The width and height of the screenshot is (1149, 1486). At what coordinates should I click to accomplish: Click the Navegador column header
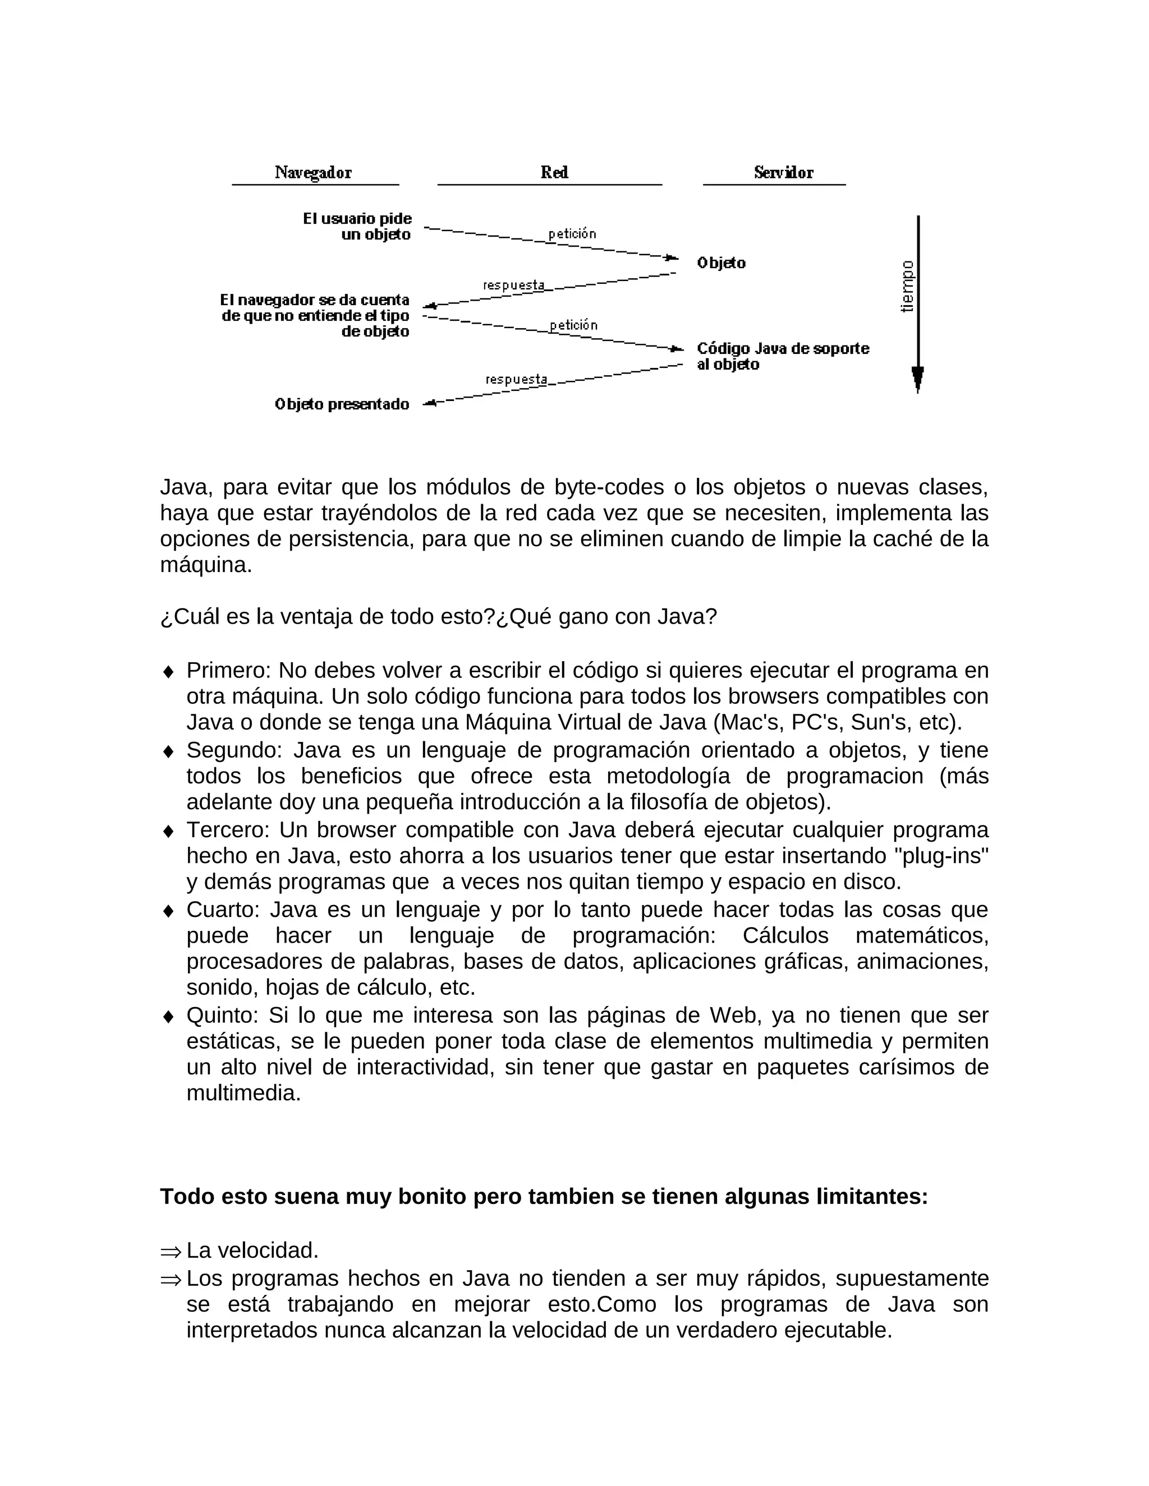pyautogui.click(x=313, y=173)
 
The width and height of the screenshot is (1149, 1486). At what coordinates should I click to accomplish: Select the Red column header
pyautogui.click(x=554, y=173)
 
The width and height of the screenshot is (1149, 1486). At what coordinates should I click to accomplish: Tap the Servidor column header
pyautogui.click(x=783, y=173)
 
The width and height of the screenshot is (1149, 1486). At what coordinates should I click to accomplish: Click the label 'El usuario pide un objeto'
pyautogui.click(x=358, y=227)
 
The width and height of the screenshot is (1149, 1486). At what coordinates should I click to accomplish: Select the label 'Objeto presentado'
pyautogui.click(x=342, y=404)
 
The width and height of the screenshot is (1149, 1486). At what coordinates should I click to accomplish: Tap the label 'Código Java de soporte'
pyautogui.click(x=783, y=348)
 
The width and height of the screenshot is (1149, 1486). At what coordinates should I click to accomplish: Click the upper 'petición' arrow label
pyautogui.click(x=572, y=234)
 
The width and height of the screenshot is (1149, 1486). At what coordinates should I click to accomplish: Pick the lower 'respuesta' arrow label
pyautogui.click(x=516, y=379)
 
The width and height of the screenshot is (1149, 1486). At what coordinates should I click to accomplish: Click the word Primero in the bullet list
pyautogui.click(x=228, y=670)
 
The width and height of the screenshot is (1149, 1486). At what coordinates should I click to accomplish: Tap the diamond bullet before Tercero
pyautogui.click(x=168, y=832)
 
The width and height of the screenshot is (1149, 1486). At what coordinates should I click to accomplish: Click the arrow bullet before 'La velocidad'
pyautogui.click(x=171, y=1250)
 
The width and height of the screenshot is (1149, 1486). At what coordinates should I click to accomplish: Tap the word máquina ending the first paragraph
pyautogui.click(x=205, y=565)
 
